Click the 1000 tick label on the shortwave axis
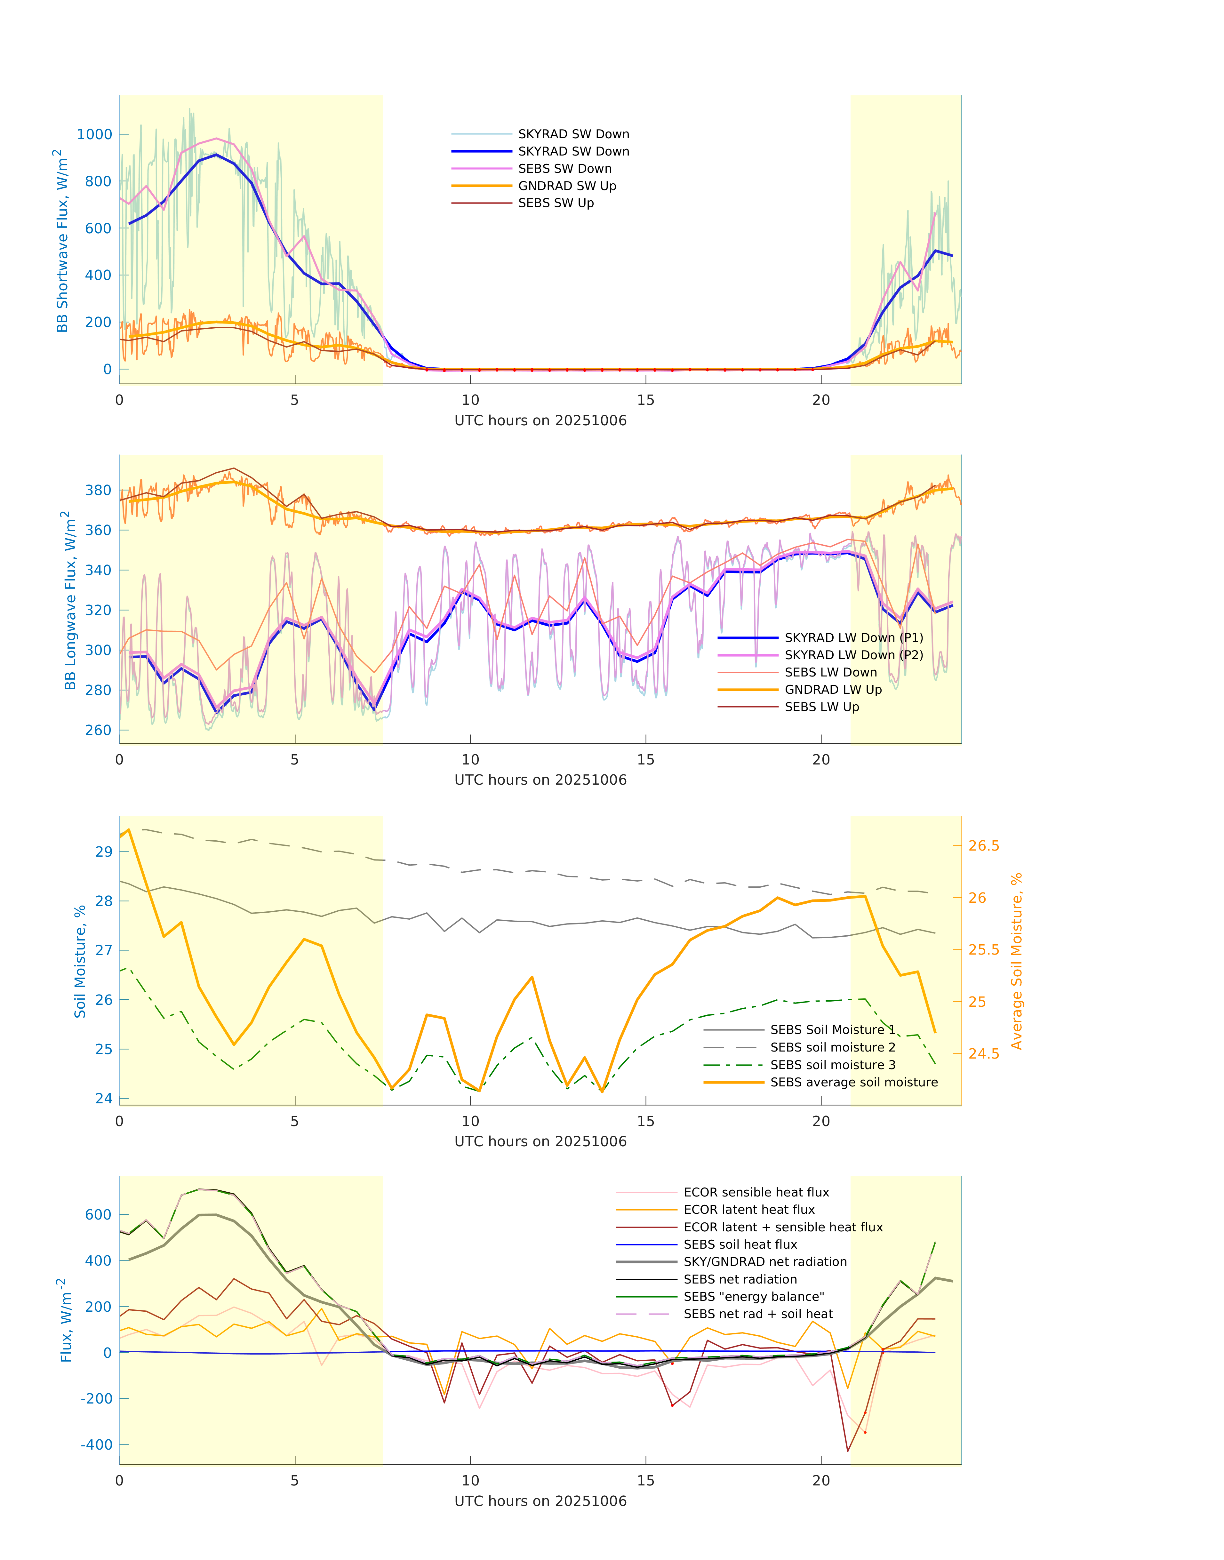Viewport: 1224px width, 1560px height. (x=95, y=135)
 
